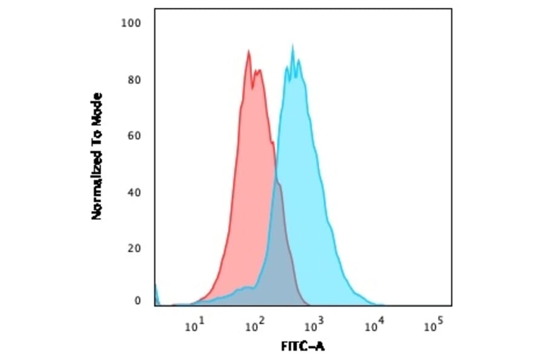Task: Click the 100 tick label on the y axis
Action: click(131, 23)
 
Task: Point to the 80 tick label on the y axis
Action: click(134, 80)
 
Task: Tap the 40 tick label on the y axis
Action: click(134, 192)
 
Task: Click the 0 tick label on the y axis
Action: click(137, 301)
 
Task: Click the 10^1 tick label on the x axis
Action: click(194, 327)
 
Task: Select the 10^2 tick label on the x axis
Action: click(253, 327)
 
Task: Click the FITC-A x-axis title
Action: click(303, 347)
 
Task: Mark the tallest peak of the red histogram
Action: click(248, 51)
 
